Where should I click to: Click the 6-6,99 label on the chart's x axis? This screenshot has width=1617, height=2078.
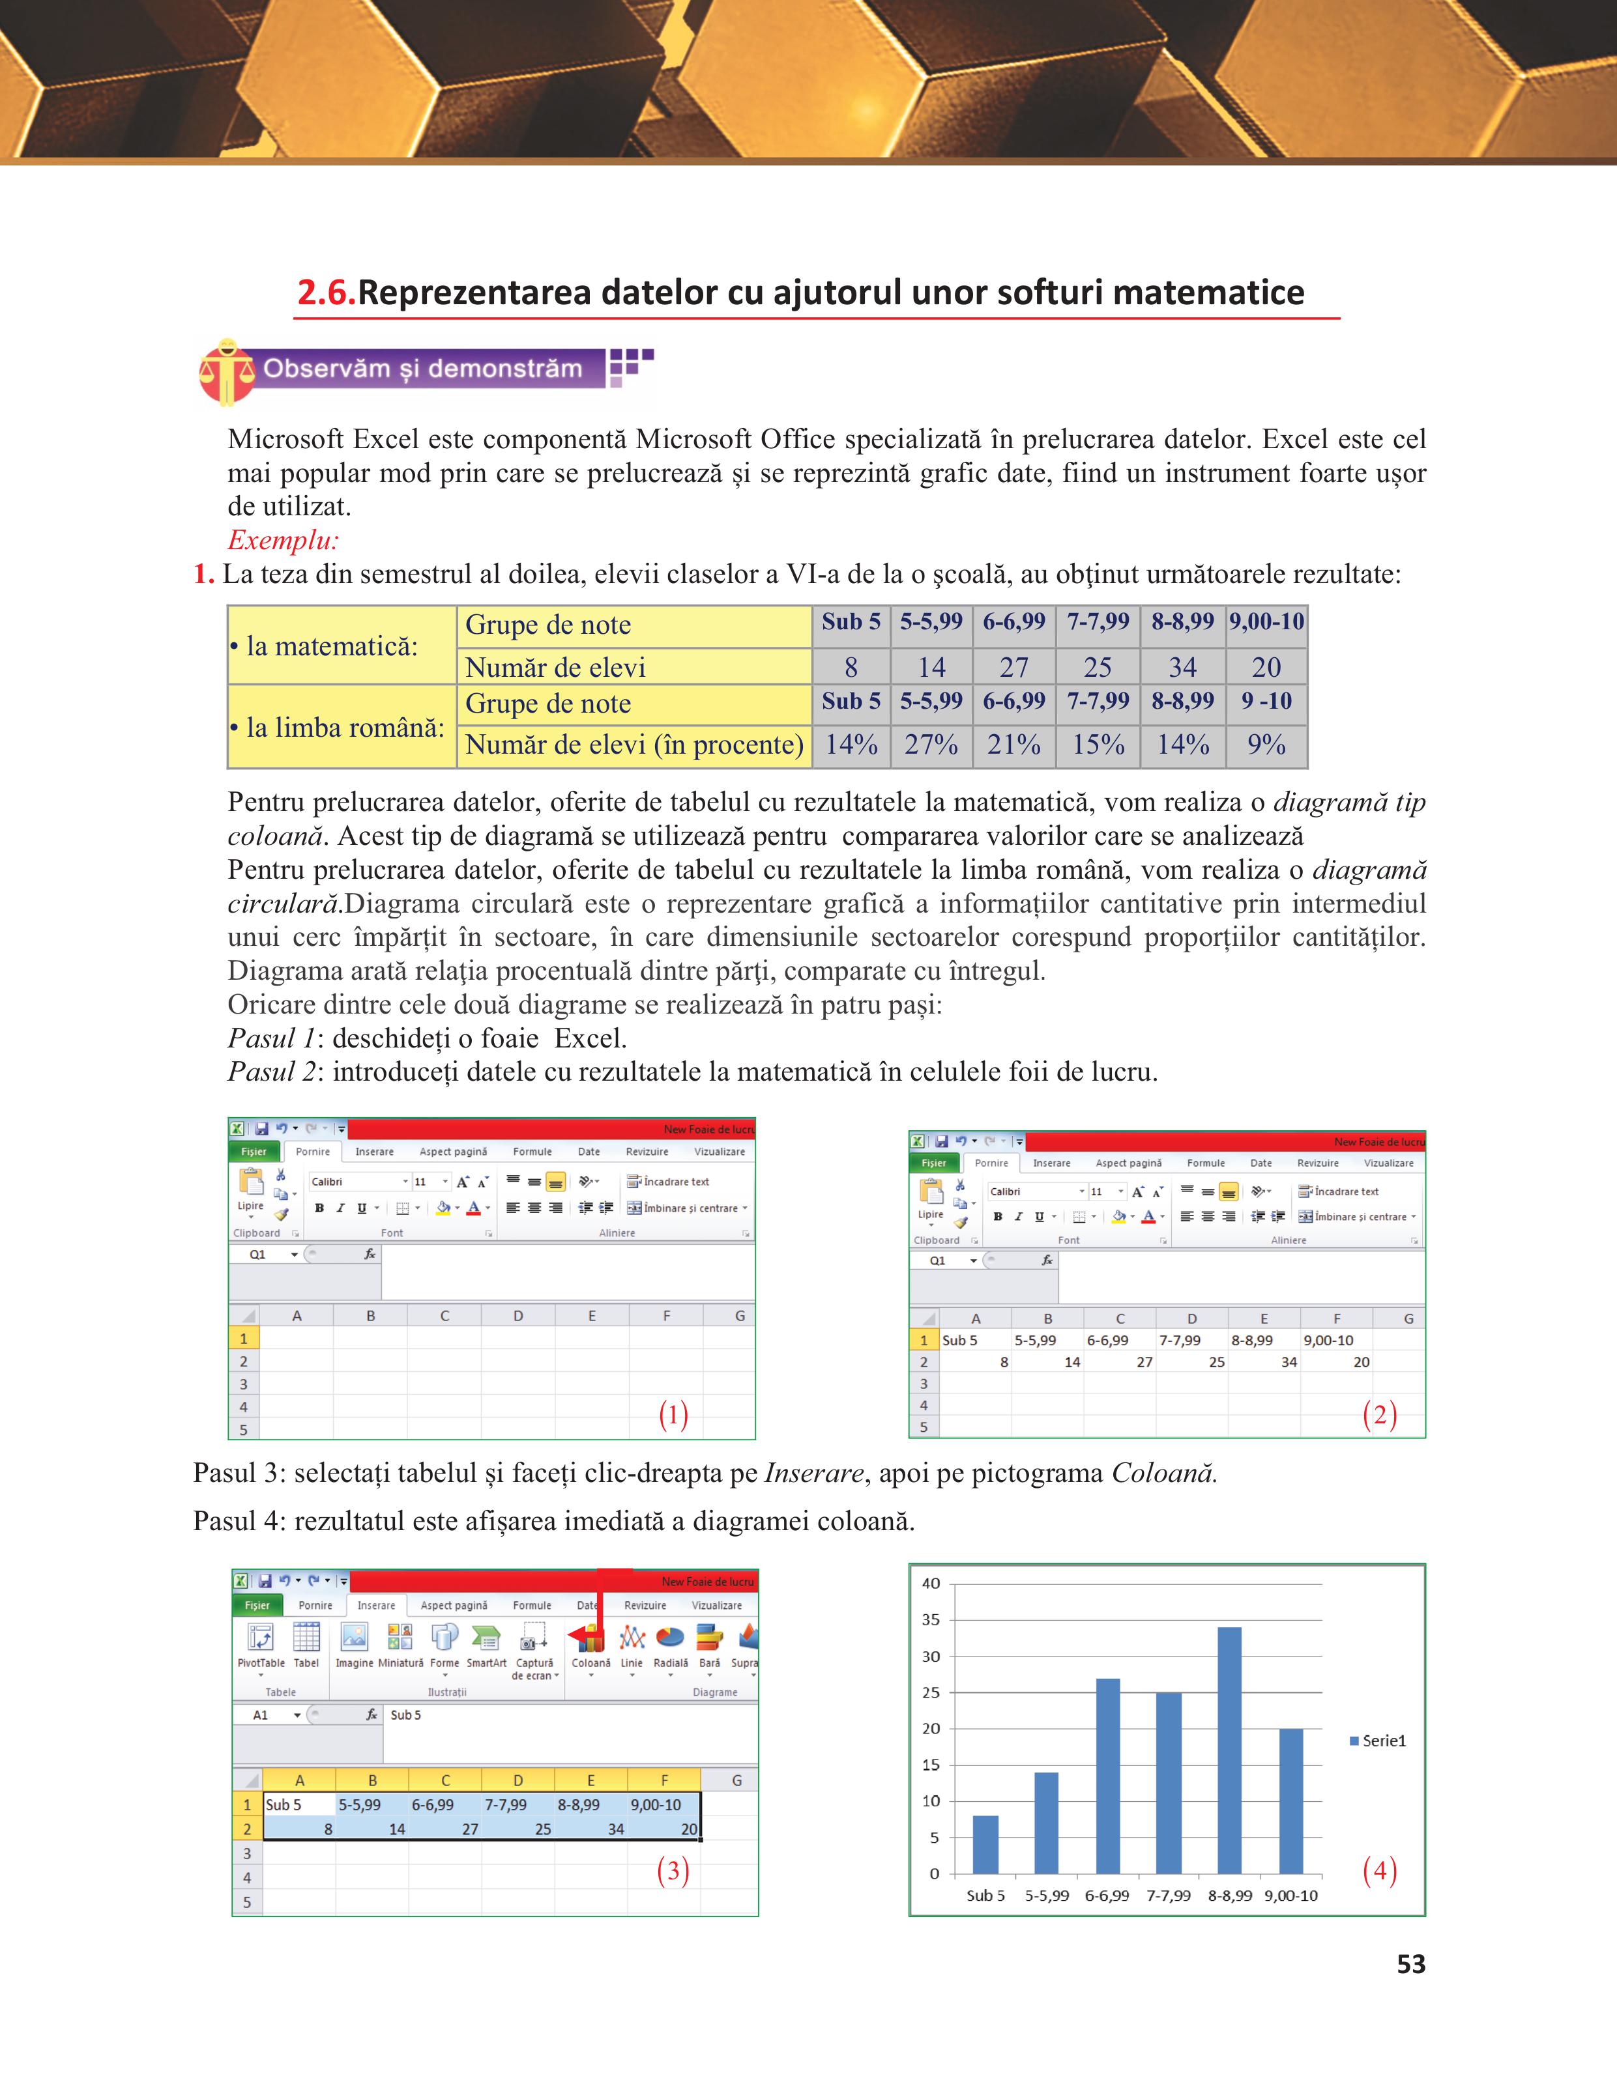pyautogui.click(x=1107, y=1896)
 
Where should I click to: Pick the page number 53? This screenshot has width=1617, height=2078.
pyautogui.click(x=1410, y=1965)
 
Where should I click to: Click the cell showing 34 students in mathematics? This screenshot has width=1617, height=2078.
pyautogui.click(x=1182, y=667)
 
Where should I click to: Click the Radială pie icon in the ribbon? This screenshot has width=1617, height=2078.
pyautogui.click(x=670, y=1640)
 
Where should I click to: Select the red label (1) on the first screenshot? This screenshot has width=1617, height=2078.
pyautogui.click(x=673, y=1415)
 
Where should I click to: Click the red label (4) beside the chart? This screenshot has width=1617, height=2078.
pyautogui.click(x=1379, y=1871)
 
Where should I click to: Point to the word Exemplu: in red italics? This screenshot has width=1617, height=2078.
pyautogui.click(x=283, y=541)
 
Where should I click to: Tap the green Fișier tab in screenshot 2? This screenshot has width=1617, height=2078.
pyautogui.click(x=934, y=1163)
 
